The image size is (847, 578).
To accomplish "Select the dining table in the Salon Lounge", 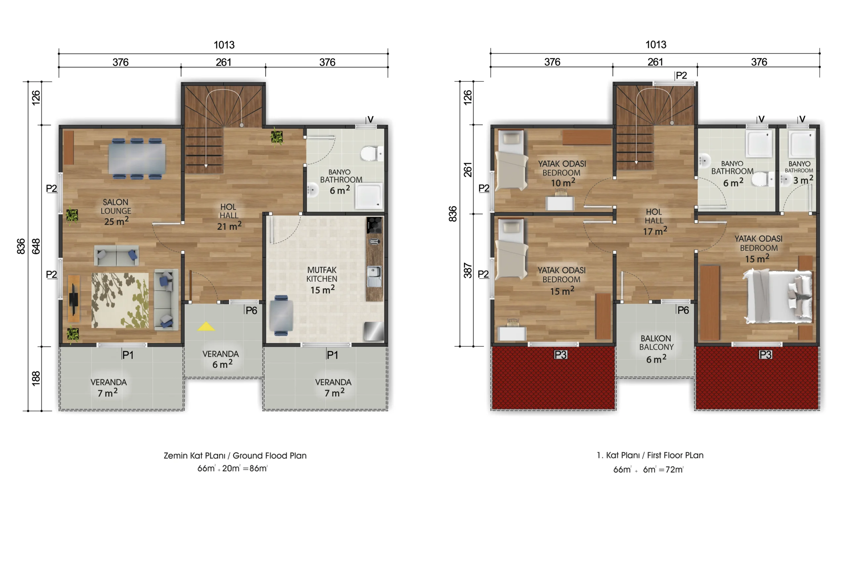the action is pyautogui.click(x=137, y=159).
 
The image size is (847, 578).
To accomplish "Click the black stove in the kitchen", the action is pyautogui.click(x=374, y=225).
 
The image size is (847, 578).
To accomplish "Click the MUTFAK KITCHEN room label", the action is pyautogui.click(x=322, y=274).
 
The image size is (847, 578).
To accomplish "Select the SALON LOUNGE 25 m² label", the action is pyautogui.click(x=116, y=212).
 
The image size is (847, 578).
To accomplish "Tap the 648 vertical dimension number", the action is pyautogui.click(x=36, y=246).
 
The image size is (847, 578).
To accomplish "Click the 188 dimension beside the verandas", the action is pyautogui.click(x=36, y=378).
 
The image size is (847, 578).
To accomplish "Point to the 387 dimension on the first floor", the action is pyautogui.click(x=468, y=271).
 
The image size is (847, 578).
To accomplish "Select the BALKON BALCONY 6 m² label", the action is pyautogui.click(x=656, y=349).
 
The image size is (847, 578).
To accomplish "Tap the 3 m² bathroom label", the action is pyautogui.click(x=803, y=180).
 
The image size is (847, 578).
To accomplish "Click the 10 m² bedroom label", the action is pyautogui.click(x=563, y=183).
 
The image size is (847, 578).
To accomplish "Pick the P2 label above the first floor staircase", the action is pyautogui.click(x=681, y=75).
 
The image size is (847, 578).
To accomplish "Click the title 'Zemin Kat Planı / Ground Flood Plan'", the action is pyautogui.click(x=235, y=456).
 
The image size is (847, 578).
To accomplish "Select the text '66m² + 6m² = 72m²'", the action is pyautogui.click(x=648, y=470).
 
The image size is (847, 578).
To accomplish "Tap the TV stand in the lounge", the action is pyautogui.click(x=74, y=299).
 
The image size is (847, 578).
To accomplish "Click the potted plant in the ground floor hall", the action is pyautogui.click(x=277, y=137).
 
